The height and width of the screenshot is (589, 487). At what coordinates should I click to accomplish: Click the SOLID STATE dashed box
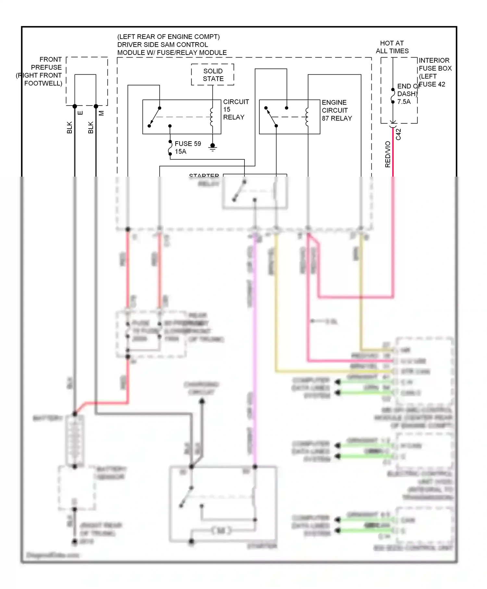213,75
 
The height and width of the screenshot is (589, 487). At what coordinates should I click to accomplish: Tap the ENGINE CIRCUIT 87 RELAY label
336,110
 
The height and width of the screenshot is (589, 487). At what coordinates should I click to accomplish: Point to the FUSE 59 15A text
187,147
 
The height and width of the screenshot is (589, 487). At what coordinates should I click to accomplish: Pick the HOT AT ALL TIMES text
392,47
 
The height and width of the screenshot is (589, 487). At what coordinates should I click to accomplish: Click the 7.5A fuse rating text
404,102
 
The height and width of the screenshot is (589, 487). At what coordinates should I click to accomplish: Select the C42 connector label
399,134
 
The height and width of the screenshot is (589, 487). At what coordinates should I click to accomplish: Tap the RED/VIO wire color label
388,155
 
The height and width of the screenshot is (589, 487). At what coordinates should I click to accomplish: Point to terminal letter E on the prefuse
81,113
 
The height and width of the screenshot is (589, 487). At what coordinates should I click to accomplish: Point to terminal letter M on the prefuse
102,113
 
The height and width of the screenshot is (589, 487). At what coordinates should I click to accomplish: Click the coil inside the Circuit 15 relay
212,117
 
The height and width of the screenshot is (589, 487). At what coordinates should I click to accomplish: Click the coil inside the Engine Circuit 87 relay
307,117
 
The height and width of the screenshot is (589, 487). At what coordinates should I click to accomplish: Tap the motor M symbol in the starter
221,531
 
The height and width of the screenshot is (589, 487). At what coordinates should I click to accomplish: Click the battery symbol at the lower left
75,440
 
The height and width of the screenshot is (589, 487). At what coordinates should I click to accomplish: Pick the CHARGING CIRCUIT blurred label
201,388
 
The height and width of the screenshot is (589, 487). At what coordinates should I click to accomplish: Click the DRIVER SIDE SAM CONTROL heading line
162,45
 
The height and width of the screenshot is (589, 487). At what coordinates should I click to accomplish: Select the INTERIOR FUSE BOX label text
435,64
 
